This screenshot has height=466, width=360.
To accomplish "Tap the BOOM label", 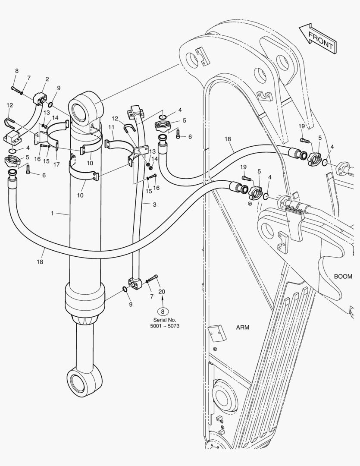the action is [343, 277].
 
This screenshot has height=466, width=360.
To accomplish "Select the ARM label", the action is [243, 327].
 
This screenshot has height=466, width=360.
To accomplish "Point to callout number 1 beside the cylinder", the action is [52, 213].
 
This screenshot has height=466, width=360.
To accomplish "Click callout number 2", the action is [47, 79].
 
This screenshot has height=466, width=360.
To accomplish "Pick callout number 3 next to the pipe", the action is [154, 205].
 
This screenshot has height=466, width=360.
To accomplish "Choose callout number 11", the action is [111, 127].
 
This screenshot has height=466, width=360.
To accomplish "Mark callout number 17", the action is [56, 164].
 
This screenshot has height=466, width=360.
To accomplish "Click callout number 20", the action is [162, 292].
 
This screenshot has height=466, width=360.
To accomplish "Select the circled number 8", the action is [163, 312].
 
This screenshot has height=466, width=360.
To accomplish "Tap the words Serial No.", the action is [165, 320].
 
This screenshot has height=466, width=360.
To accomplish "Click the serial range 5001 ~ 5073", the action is [165, 326].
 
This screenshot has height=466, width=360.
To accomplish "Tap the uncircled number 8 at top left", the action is [17, 71].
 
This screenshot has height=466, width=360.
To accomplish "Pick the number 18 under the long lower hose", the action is [40, 261].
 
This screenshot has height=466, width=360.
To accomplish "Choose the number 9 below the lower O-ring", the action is [131, 304].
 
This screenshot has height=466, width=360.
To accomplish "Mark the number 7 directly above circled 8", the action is [152, 296].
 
